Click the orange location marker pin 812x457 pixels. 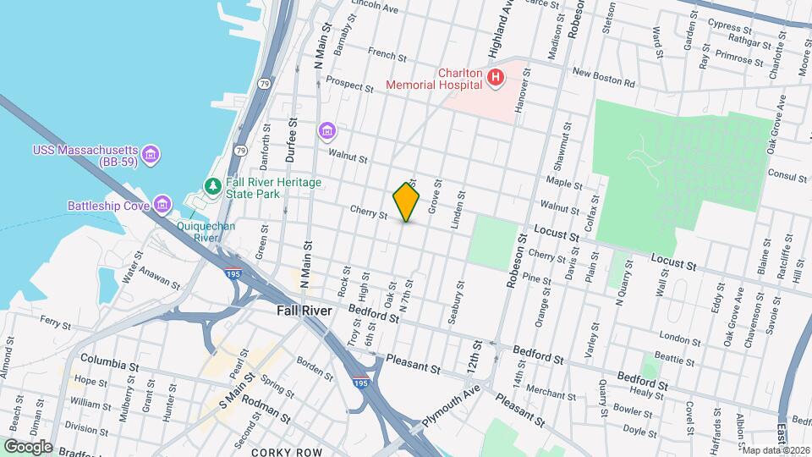[x=407, y=202]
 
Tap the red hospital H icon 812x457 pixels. [x=496, y=79]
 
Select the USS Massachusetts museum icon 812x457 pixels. [x=151, y=154]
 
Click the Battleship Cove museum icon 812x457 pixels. [x=162, y=204]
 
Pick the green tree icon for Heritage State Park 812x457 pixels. [x=214, y=185]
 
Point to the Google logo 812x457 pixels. [x=28, y=446]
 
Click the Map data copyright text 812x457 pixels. [x=775, y=449]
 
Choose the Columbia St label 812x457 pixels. [x=109, y=366]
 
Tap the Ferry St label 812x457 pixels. [x=55, y=322]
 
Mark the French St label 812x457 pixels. [x=388, y=55]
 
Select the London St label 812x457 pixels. [x=675, y=338]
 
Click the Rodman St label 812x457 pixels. [x=266, y=417]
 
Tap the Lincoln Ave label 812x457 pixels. [x=374, y=8]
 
